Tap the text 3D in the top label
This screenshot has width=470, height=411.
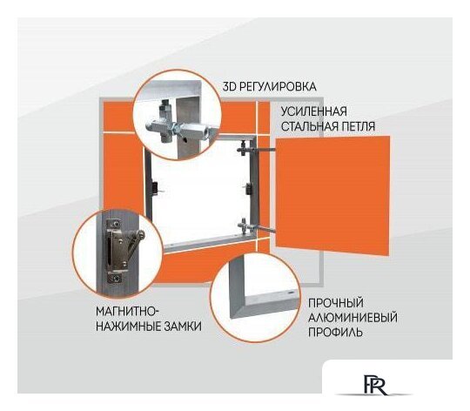click(230, 86)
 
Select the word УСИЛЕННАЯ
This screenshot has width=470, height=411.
click(314, 111)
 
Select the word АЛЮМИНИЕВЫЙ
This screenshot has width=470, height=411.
click(346, 318)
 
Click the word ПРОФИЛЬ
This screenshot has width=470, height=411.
click(333, 333)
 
